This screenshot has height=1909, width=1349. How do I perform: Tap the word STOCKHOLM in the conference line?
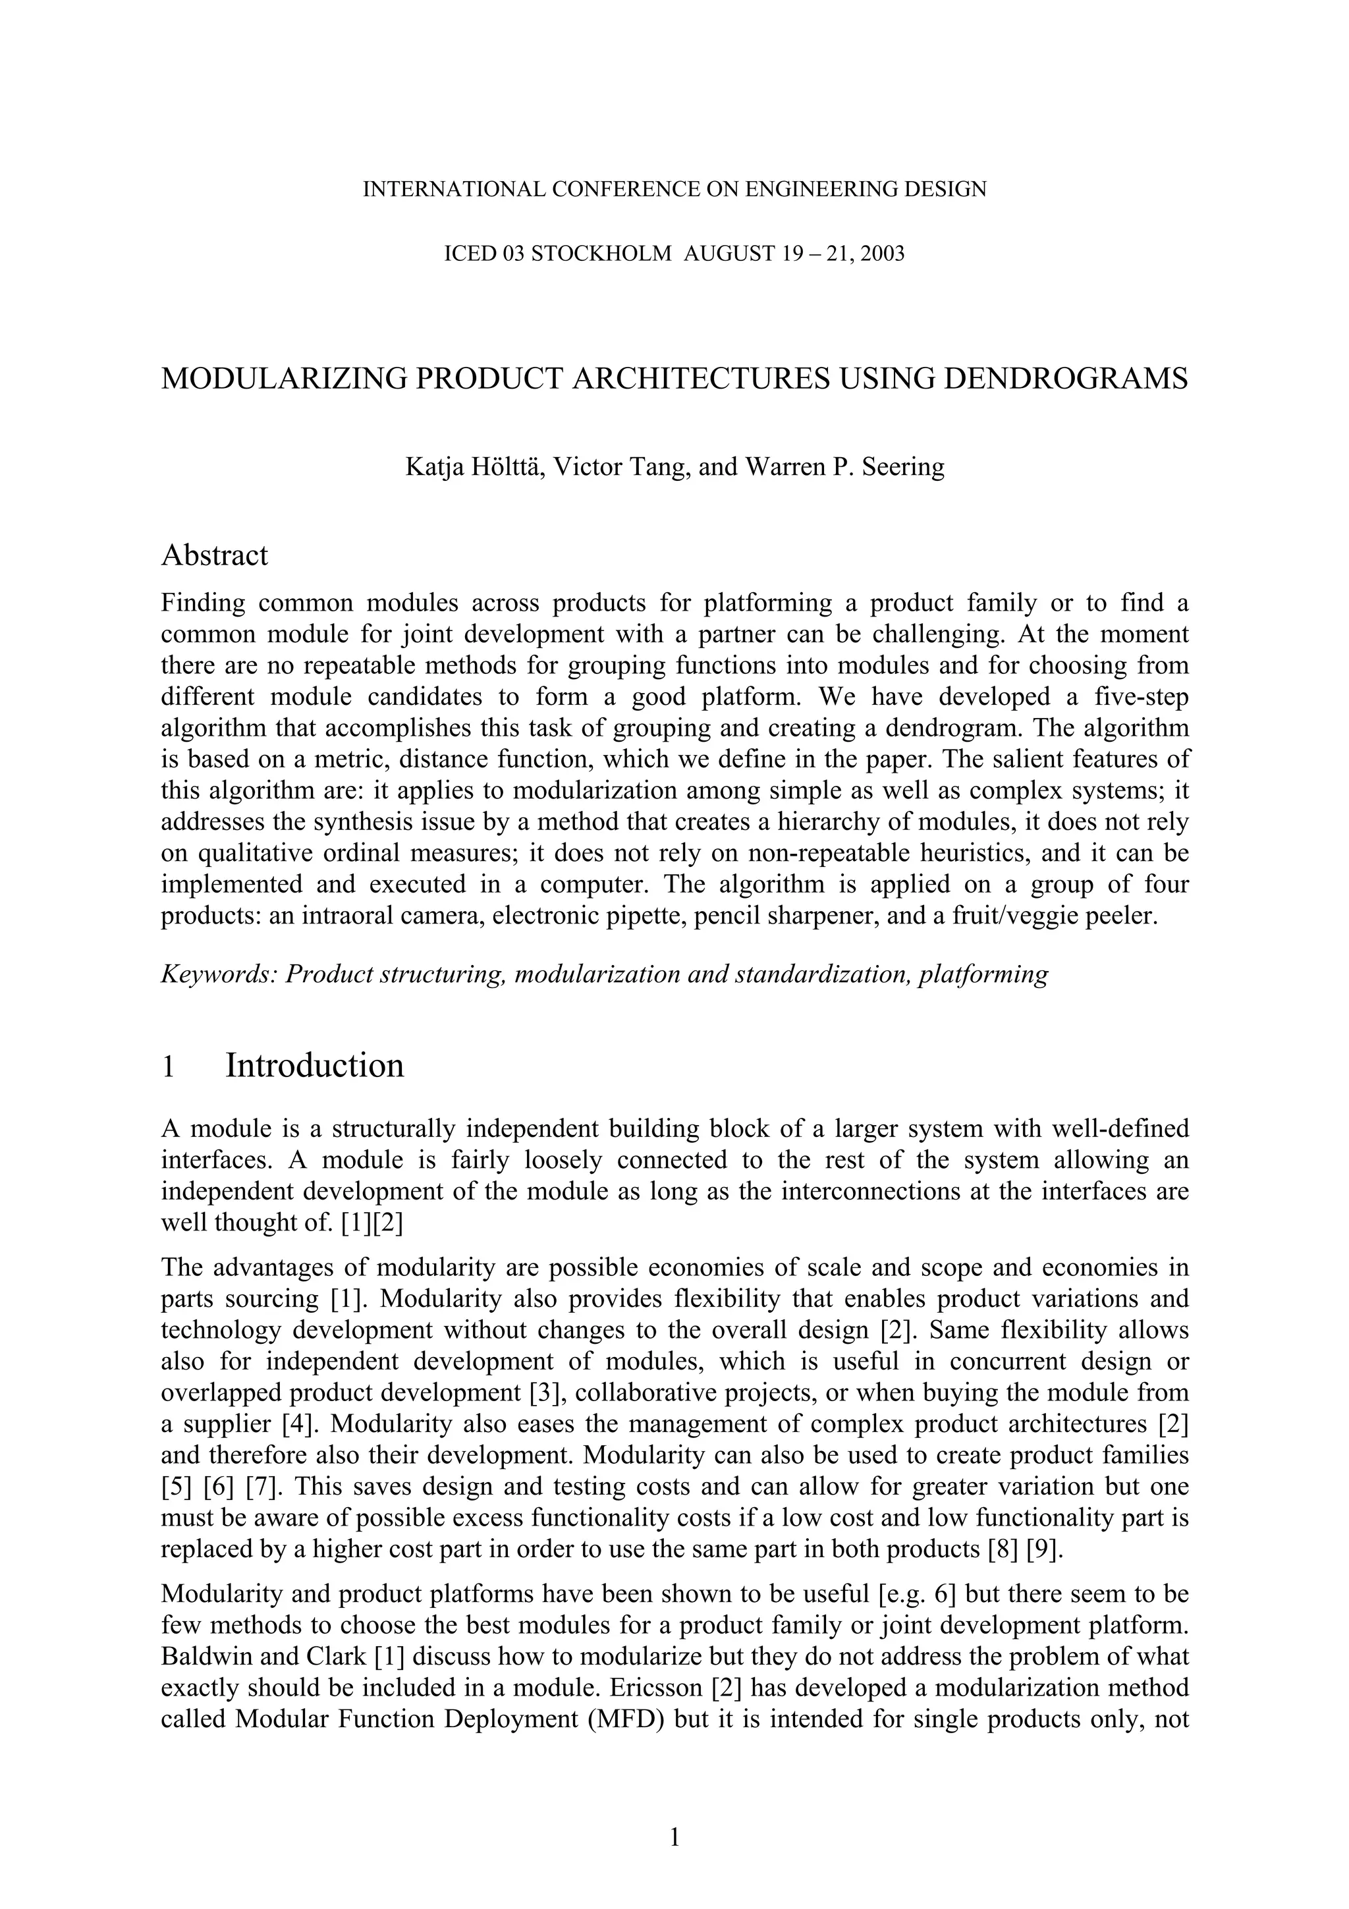[601, 254]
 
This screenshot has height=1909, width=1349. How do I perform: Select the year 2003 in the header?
[882, 254]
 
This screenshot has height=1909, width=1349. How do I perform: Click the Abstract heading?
[215, 555]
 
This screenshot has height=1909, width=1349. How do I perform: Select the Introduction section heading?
[314, 1065]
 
